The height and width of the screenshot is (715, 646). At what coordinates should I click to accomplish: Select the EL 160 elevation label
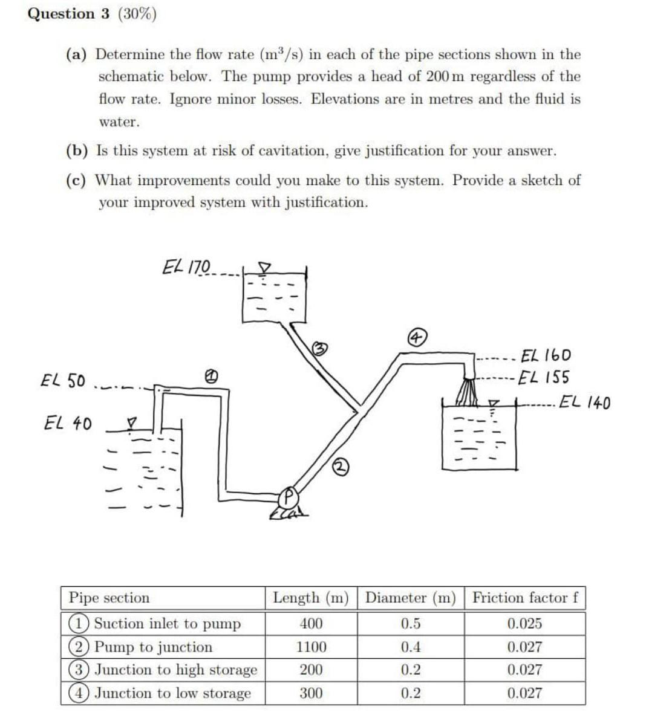(545, 355)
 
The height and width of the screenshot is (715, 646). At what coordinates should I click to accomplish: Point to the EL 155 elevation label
(544, 378)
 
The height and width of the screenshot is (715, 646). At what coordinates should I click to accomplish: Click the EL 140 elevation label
(584, 402)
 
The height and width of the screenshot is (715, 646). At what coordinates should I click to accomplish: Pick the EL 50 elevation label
(62, 381)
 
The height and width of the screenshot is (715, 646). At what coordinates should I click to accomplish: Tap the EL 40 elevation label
(68, 423)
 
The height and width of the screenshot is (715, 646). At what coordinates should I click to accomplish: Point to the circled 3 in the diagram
(320, 348)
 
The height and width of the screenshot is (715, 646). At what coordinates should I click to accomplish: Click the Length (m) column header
(311, 598)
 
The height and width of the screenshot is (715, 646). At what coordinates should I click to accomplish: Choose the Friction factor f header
(525, 598)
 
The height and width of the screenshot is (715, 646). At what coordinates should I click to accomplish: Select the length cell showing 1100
(311, 647)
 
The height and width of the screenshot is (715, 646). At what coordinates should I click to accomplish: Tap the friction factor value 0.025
(524, 624)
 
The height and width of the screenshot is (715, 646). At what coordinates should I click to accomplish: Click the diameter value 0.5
(411, 624)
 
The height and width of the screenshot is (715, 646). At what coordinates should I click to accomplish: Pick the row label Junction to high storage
(175, 670)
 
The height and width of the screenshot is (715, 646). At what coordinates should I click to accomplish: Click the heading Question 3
(69, 14)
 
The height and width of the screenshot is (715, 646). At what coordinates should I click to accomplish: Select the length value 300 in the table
(311, 693)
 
